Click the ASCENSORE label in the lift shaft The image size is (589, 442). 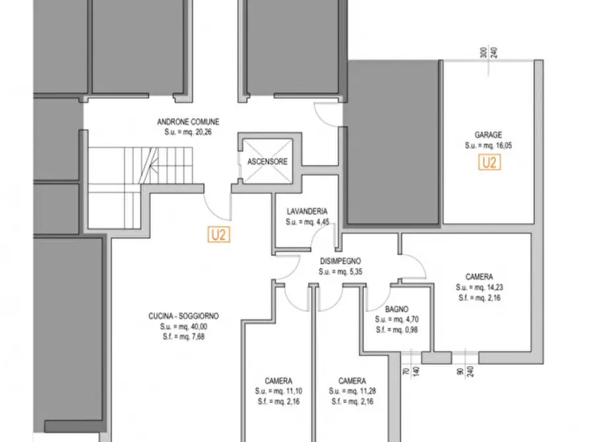click(x=267, y=162)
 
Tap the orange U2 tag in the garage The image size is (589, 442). click(x=489, y=162)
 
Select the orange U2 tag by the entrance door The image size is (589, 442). click(x=218, y=235)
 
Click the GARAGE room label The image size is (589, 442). click(x=488, y=135)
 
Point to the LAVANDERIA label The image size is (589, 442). click(x=307, y=212)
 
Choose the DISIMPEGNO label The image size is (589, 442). click(x=340, y=261)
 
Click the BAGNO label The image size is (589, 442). click(x=396, y=309)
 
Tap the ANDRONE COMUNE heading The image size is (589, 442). click(x=188, y=122)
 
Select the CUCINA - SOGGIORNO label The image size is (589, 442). click(x=183, y=316)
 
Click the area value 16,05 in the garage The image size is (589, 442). click(x=504, y=145)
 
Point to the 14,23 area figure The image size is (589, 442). click(x=495, y=288)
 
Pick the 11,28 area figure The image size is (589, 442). click(x=368, y=391)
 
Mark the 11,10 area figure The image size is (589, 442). click(x=294, y=391)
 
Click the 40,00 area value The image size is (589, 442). click(x=199, y=327)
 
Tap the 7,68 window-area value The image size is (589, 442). click(x=198, y=336)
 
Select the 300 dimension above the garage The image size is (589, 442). click(x=484, y=52)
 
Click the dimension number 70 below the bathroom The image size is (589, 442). click(x=406, y=371)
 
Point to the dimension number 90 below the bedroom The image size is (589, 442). click(x=460, y=371)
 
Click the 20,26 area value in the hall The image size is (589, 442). click(x=204, y=132)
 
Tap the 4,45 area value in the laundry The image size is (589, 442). click(x=323, y=222)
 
